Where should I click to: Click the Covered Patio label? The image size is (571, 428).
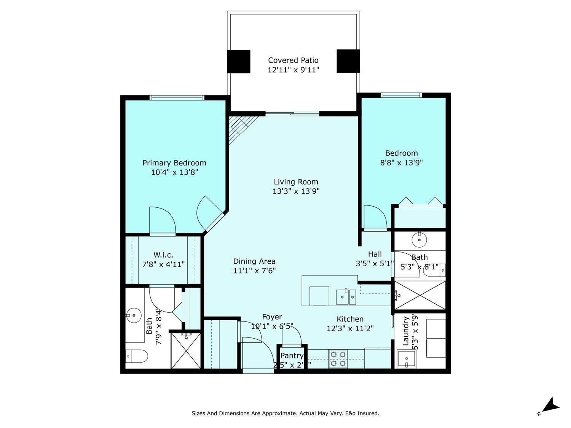tap(293, 60)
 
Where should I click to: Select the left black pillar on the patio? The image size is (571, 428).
tap(239, 61)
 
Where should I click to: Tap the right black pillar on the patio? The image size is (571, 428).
tap(348, 61)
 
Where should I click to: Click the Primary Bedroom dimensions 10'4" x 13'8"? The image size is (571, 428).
tap(175, 172)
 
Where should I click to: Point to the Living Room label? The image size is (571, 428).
tap(296, 182)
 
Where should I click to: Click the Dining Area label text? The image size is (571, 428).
tap(254, 261)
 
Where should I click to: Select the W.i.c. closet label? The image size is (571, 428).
tap(163, 255)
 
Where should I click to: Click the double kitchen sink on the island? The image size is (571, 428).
tap(346, 297)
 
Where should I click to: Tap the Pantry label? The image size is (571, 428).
tap(292, 356)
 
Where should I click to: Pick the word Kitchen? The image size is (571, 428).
tap(350, 319)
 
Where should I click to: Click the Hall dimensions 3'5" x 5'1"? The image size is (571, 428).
tap(375, 263)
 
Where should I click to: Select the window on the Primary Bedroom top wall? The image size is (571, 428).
tap(177, 98)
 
